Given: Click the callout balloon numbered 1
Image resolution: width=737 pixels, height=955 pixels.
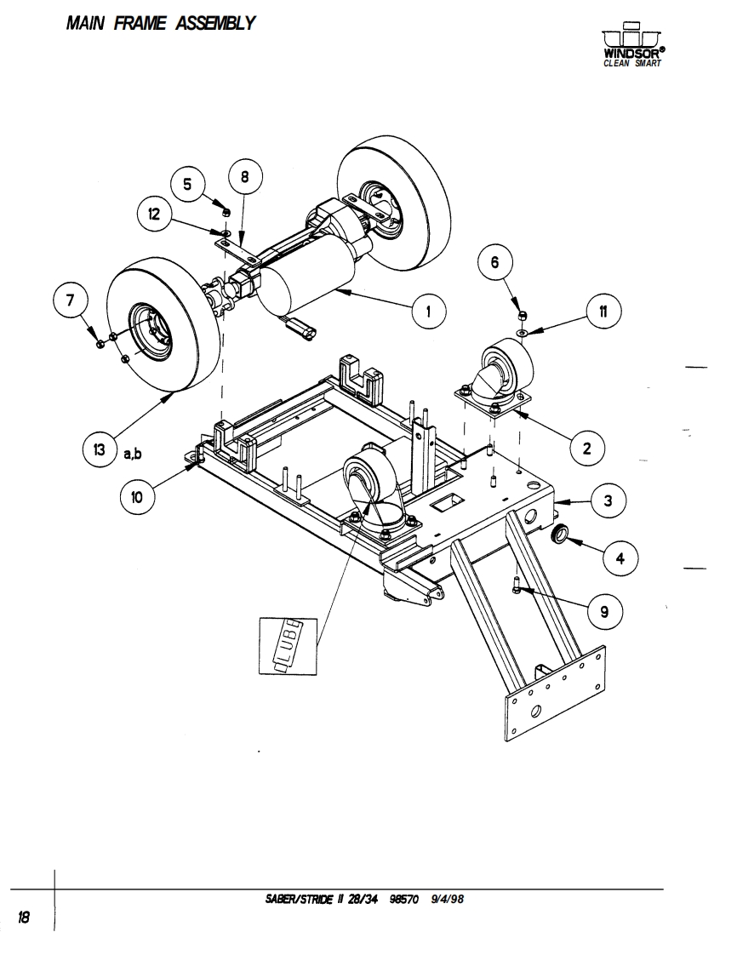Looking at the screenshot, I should click(429, 312).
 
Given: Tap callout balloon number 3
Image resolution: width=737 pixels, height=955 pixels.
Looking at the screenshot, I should click(608, 501).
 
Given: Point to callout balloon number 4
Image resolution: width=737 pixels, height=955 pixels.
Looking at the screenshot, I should click(620, 558).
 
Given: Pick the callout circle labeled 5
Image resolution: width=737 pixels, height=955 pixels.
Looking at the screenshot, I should click(188, 184).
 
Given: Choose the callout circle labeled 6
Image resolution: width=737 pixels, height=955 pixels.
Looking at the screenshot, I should click(494, 261).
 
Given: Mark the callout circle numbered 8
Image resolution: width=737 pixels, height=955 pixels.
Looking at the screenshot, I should click(245, 177).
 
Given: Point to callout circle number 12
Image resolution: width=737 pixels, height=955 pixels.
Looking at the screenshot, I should click(155, 214).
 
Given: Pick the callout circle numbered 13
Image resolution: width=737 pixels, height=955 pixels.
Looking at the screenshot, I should click(100, 449).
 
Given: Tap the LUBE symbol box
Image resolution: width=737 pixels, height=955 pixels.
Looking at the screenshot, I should click(290, 644).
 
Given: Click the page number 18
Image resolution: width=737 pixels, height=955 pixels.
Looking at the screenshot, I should click(24, 916).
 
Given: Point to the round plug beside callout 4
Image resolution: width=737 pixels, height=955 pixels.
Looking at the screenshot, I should click(562, 535).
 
